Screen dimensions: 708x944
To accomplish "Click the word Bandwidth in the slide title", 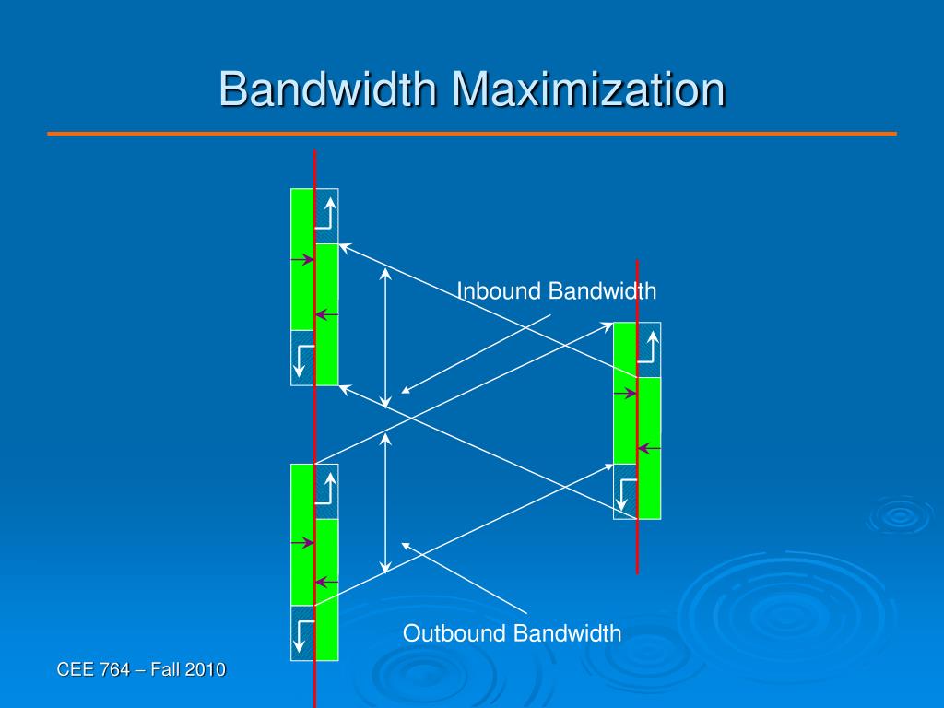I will tap(329, 90).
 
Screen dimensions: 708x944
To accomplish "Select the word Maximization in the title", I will tap(587, 90).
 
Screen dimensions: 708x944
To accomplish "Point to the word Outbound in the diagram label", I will tap(454, 633).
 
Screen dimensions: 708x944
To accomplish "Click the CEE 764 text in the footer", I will tap(93, 669).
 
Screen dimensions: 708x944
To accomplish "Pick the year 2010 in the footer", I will tap(205, 669).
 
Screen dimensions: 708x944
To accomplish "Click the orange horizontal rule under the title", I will tap(472, 134).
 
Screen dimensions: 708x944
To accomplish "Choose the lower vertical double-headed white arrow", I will tap(386, 502).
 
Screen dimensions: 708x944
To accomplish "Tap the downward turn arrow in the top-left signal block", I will tap(302, 360).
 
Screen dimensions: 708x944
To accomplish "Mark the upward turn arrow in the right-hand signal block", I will tap(648, 348).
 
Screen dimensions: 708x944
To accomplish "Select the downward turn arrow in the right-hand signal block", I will tap(627, 493).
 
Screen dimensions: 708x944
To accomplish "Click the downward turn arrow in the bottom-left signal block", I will tap(302, 634).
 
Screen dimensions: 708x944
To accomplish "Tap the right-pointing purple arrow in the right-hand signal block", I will tap(625, 394).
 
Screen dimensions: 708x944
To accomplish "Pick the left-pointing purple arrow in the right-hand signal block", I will tap(649, 449).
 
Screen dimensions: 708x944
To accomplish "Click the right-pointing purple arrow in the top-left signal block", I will tap(302, 261).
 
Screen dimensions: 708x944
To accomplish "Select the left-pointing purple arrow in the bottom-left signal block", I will tap(325, 583).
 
